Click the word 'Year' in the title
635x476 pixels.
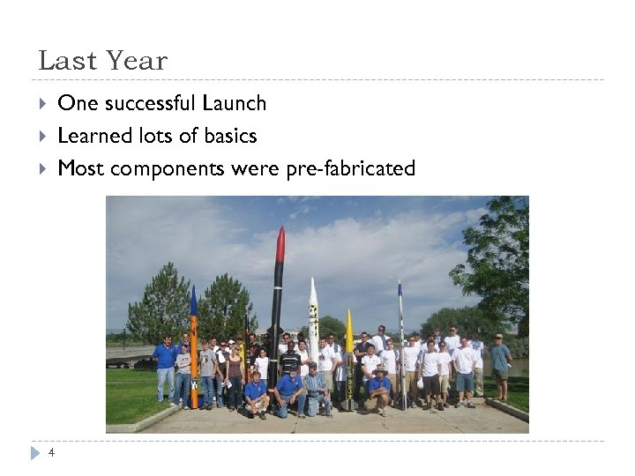135,61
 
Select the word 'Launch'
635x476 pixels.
234,104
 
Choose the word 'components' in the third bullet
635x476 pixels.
167,168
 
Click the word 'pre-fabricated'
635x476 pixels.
350,168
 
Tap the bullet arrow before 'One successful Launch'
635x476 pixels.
43,104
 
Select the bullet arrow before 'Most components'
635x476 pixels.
43,168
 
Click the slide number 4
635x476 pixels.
51,453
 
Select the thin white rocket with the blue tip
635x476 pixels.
400,335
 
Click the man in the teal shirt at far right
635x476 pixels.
500,366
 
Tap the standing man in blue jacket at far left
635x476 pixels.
165,367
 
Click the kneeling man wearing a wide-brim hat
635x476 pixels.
380,388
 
